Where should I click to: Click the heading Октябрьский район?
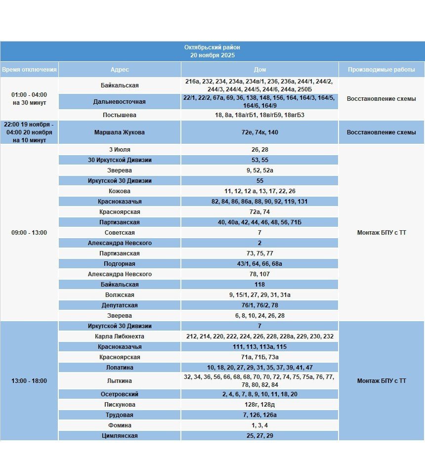coord(212,47)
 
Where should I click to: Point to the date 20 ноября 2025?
coord(212,55)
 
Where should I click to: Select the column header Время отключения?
coord(29,70)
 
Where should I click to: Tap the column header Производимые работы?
coord(381,70)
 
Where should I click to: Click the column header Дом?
coord(259,70)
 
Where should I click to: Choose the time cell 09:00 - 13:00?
coord(29,233)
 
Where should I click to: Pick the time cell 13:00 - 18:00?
coord(29,381)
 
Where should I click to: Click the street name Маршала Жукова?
coord(119,132)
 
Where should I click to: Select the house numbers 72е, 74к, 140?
coord(259,132)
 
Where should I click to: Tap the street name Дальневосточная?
coord(119,102)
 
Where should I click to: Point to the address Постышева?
coord(119,115)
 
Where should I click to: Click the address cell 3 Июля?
coord(119,150)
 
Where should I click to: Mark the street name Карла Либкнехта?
coord(119,336)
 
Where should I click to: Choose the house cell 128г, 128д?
coord(259,405)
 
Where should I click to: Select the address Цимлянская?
coord(119,436)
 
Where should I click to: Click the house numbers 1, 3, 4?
coord(259,425)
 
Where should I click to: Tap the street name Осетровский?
coord(119,394)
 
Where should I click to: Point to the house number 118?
coord(259,285)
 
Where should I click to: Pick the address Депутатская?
coord(119,305)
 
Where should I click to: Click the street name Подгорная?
coord(119,264)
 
